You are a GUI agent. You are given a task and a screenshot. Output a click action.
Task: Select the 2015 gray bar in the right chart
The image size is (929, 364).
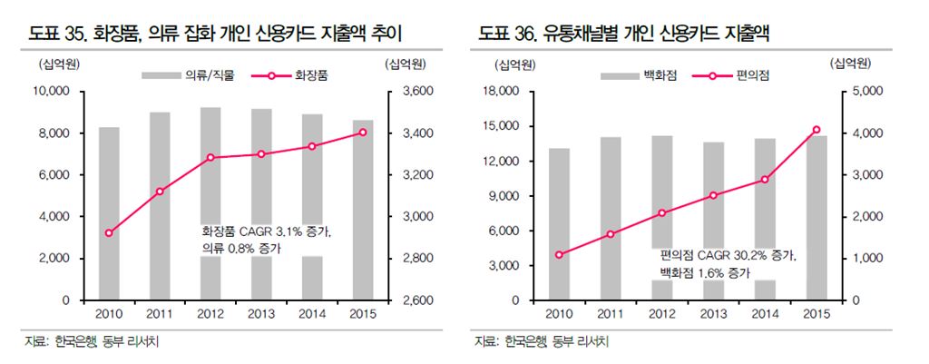pos(816,218)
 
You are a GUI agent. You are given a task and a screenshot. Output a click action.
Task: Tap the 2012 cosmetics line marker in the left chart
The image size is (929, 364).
pos(210,157)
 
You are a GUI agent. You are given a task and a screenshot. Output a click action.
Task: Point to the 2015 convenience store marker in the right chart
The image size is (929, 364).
pos(816,130)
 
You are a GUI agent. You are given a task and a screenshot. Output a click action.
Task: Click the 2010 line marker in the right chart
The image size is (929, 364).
pos(559,254)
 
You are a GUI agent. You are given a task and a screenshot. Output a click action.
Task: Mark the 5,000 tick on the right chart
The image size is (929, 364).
pos(858,92)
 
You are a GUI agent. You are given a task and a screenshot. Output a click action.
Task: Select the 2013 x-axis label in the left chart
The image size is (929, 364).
pos(261,314)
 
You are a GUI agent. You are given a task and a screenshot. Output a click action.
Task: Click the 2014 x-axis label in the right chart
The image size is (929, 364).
pos(764,314)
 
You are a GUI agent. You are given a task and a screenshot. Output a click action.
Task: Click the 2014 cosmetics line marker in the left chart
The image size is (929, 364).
pos(312,146)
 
